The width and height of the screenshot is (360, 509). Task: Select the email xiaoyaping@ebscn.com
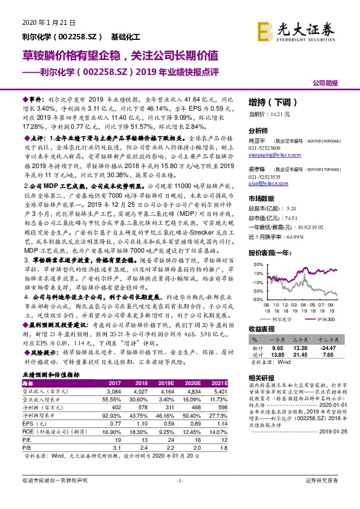(x=272, y=154)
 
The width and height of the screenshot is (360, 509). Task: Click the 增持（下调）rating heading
(x=269, y=103)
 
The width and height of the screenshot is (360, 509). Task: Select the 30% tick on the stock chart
(x=257, y=265)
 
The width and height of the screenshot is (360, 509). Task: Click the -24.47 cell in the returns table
(x=327, y=349)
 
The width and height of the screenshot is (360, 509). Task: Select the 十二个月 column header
(x=327, y=342)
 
